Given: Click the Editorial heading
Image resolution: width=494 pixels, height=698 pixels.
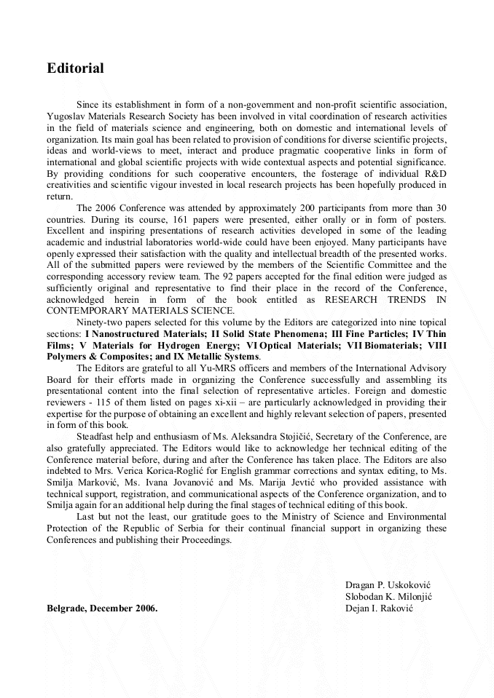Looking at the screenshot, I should click(75, 68).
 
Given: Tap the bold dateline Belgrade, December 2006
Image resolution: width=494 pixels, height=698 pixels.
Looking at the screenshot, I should click(102, 608).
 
